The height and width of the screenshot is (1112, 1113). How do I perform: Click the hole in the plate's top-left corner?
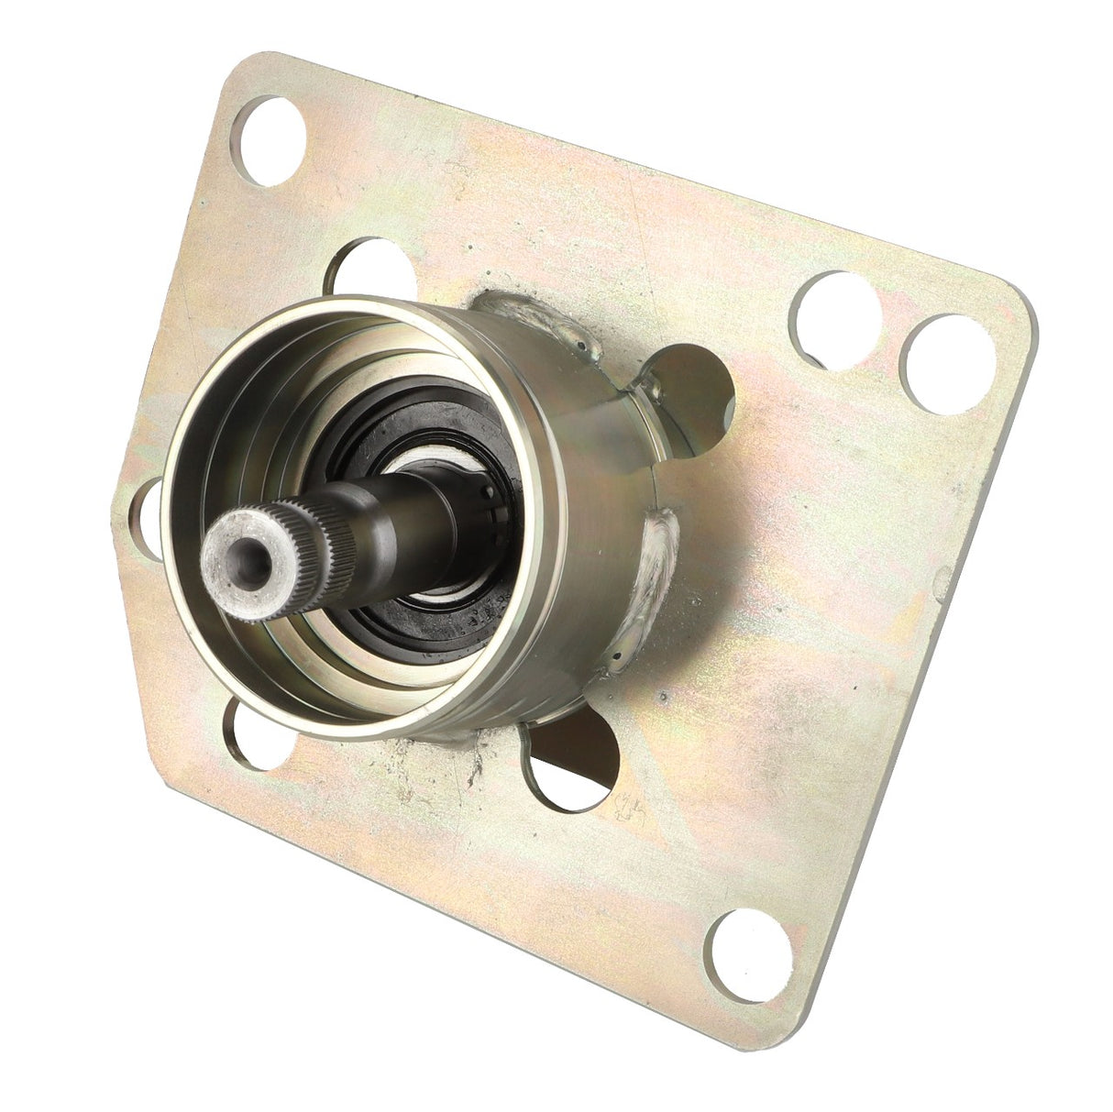point(273,128)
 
